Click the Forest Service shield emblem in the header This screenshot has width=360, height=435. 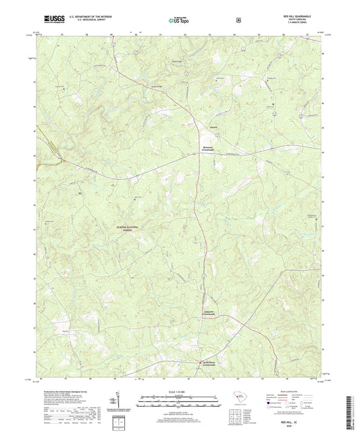[x=238, y=20]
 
